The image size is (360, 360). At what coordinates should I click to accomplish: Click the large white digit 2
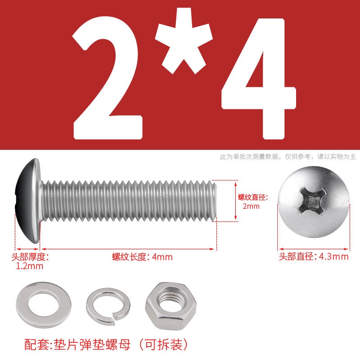point(108,78)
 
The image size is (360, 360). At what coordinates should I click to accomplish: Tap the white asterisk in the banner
point(184,41)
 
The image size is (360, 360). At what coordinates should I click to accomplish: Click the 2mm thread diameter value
point(251,206)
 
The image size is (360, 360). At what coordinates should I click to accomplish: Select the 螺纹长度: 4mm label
point(142,257)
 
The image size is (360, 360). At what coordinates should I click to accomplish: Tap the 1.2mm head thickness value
point(30,266)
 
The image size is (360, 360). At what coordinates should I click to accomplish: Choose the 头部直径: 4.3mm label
point(314,256)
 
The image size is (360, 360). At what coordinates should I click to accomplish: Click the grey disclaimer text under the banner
point(288,157)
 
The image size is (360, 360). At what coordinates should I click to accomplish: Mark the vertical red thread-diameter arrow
point(235,201)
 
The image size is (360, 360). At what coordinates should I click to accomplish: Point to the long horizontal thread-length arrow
point(128,249)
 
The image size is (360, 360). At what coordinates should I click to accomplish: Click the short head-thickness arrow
point(27,249)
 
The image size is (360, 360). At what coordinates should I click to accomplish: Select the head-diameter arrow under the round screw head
point(314,249)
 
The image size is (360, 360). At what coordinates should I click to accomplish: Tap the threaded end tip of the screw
point(215,201)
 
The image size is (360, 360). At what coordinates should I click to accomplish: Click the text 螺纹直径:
point(253,197)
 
